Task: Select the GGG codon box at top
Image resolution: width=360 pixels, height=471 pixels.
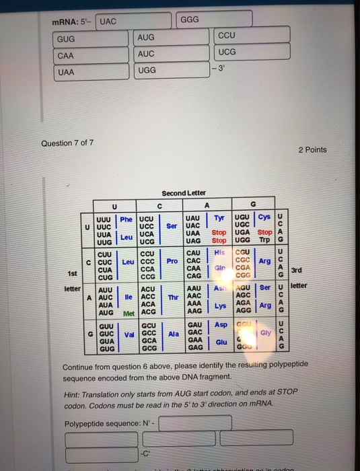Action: tap(215, 20)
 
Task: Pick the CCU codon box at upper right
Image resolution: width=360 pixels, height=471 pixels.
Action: tap(252, 34)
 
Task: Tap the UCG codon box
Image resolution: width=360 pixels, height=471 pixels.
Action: tap(252, 52)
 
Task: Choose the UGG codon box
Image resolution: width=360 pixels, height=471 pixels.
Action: tap(172, 71)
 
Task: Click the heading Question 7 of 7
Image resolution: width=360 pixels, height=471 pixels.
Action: tap(67, 143)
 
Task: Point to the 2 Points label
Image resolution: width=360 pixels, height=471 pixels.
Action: tap(312, 149)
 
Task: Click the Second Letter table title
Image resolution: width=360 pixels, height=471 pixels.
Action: tap(184, 192)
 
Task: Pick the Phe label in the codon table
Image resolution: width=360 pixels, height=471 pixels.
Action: tap(126, 219)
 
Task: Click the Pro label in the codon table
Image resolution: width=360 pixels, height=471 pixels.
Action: tap(172, 260)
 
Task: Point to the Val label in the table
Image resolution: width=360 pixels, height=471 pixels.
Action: tap(128, 333)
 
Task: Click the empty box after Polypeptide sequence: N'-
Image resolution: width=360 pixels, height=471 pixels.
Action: tap(195, 423)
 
